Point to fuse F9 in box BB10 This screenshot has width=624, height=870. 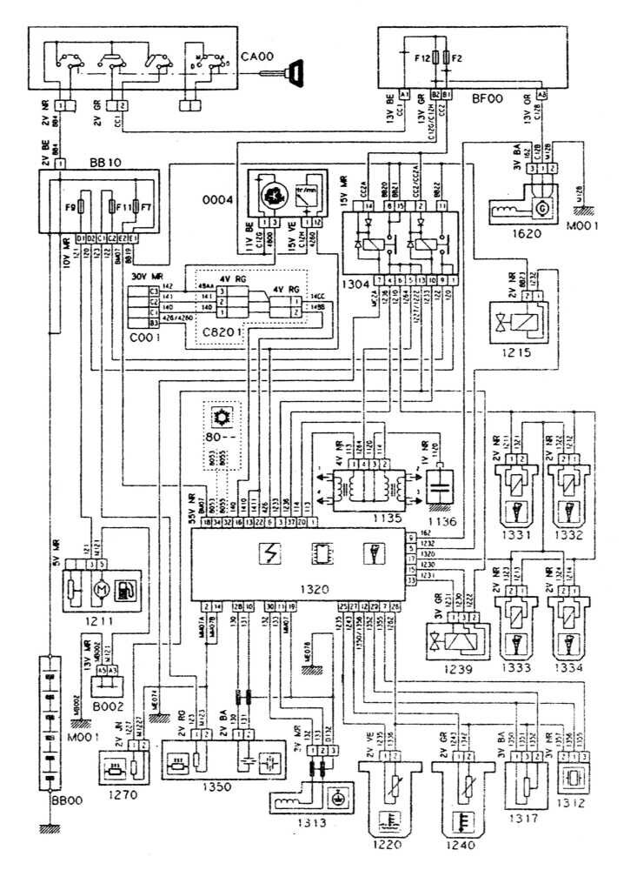[80, 209]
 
